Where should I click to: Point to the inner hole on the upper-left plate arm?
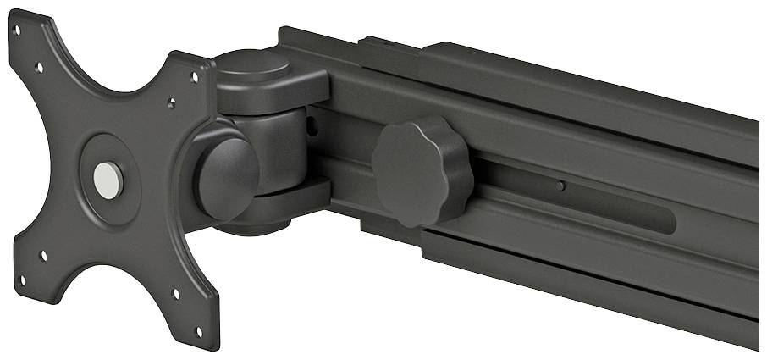point(39,67)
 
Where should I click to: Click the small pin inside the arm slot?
point(561,186)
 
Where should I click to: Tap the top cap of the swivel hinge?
point(258,68)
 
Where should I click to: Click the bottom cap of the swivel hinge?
point(254,222)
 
